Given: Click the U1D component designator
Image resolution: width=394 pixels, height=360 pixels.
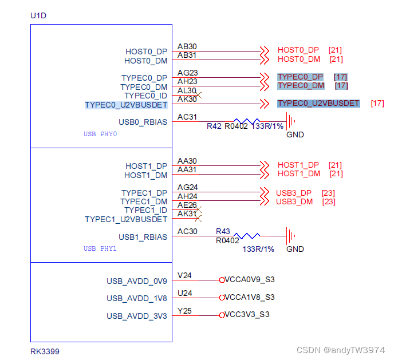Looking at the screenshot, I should [38, 15].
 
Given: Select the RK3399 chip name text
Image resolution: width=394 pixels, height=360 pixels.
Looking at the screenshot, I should [45, 351].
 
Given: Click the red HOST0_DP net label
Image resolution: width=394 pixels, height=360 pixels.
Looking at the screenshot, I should [298, 50].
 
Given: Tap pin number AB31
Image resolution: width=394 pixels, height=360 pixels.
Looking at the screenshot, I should [187, 55].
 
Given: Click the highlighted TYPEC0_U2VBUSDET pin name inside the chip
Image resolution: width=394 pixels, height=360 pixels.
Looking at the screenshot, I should [126, 105].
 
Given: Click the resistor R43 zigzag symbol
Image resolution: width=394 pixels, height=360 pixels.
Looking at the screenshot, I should [247, 236].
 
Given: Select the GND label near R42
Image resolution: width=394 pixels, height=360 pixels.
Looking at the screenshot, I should [295, 134].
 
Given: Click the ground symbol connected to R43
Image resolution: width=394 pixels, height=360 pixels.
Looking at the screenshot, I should [291, 235].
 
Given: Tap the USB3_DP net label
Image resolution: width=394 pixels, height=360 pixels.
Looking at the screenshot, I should [294, 193].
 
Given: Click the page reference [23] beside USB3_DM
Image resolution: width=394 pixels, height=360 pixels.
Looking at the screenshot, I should [329, 201].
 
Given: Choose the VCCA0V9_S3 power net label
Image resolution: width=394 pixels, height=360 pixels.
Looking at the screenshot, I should [250, 280].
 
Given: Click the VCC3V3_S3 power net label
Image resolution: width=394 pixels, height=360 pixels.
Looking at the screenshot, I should [247, 314].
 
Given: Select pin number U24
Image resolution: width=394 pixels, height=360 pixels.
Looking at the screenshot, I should [184, 293].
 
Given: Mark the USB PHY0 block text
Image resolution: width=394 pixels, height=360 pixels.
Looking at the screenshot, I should [100, 134].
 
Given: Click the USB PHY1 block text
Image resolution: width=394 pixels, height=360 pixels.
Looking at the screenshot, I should [100, 249].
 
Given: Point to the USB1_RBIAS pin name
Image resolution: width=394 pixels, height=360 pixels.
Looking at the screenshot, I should [143, 237].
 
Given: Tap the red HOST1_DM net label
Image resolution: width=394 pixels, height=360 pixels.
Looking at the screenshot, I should [298, 173].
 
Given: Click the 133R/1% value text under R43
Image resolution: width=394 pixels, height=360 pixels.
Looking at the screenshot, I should [258, 249].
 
